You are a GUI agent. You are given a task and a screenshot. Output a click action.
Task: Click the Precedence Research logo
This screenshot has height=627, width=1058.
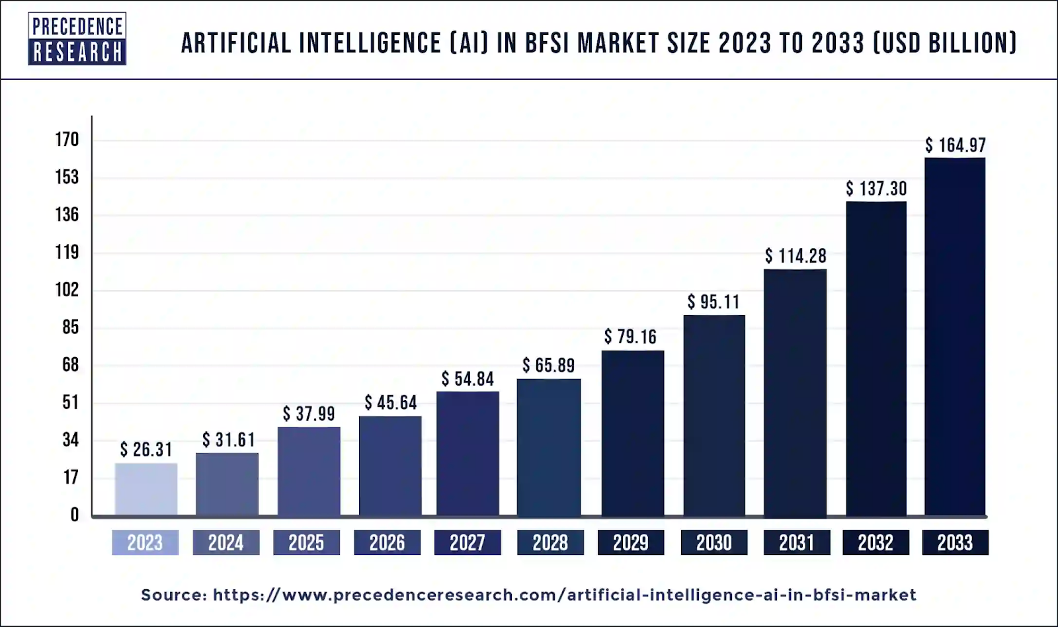77,38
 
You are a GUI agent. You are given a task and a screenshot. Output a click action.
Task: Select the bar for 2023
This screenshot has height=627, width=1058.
145,489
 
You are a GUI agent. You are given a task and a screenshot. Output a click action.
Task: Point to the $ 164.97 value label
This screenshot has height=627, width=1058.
955,146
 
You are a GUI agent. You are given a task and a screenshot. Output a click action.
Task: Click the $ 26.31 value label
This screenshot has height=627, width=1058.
146,450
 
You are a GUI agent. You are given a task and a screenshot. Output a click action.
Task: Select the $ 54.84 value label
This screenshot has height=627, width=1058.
468,379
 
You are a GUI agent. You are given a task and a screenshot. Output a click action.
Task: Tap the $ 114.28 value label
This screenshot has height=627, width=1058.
795,256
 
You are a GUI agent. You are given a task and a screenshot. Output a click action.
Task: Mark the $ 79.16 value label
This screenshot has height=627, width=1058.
630,337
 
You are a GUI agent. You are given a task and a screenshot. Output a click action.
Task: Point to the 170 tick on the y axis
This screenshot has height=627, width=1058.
67,140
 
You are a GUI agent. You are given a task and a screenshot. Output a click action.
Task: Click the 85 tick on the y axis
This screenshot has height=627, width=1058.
70,327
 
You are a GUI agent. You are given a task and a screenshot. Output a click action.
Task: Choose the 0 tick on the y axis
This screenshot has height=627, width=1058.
74,515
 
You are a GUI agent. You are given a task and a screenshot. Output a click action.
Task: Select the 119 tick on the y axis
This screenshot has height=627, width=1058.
67,252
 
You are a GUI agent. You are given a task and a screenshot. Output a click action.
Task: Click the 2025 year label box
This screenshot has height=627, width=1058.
306,542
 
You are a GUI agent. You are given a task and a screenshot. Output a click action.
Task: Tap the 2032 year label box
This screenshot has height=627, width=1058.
875,542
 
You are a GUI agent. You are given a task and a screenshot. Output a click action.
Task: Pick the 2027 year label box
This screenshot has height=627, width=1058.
468,542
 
